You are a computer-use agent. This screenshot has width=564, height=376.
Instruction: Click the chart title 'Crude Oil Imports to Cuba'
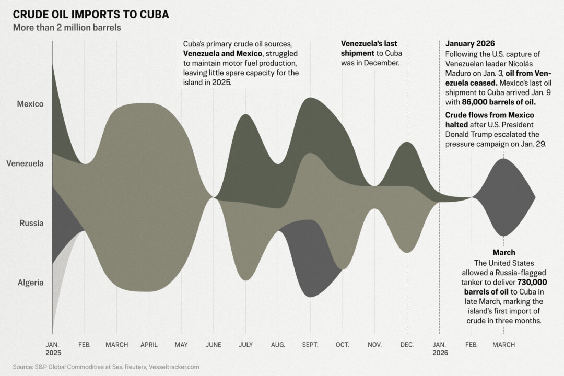[x=91, y=14]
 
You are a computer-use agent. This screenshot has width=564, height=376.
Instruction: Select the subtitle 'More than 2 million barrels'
[x=67, y=28]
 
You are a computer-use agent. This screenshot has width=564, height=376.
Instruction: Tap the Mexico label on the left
[x=30, y=104]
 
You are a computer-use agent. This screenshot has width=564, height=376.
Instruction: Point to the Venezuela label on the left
[x=25, y=163]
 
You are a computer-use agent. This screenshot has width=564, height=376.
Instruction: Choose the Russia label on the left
[x=32, y=223]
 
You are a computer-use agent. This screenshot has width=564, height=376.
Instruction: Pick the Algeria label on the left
[x=31, y=283]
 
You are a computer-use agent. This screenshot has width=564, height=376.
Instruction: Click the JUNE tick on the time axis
[x=214, y=345]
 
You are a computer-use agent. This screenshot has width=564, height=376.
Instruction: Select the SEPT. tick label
[x=310, y=345]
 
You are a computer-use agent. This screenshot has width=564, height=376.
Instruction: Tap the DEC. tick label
[x=407, y=345]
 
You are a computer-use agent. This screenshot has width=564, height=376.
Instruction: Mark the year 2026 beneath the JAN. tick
[x=439, y=353]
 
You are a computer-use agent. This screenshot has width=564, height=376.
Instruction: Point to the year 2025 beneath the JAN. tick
[x=52, y=353]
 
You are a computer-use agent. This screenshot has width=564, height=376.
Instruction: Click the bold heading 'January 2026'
[x=471, y=43]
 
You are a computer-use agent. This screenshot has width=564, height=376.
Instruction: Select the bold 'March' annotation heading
[x=503, y=252]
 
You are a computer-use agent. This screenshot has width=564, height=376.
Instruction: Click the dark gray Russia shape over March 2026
[x=503, y=197]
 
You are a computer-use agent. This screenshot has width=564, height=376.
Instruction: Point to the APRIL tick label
[x=149, y=345]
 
